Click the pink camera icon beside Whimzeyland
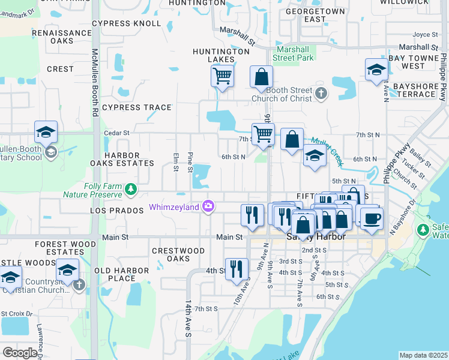click(x=208, y=206)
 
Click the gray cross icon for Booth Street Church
click(x=322, y=93)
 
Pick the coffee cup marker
click(x=372, y=217)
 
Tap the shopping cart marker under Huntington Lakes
click(x=222, y=76)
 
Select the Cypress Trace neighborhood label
click(x=137, y=108)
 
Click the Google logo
click(x=20, y=353)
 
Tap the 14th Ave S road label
click(x=188, y=326)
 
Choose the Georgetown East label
click(x=315, y=15)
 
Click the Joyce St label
click(x=425, y=35)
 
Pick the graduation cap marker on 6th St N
click(x=314, y=157)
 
